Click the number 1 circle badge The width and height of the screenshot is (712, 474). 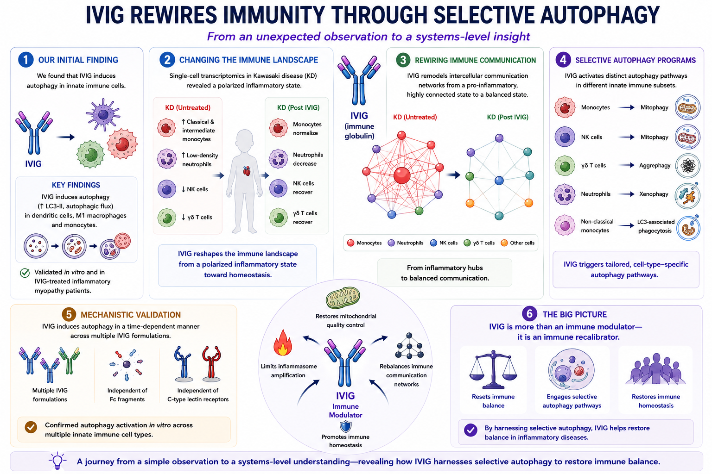26,60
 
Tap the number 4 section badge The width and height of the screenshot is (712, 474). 563,60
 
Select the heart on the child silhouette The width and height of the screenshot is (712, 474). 247,171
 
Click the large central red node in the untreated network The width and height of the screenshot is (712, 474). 402,175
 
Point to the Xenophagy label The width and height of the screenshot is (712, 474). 654,194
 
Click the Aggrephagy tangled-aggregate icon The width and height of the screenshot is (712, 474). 687,166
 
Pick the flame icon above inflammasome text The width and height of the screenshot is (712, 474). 283,343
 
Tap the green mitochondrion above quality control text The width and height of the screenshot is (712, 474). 343,298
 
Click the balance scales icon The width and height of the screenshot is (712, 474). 493,369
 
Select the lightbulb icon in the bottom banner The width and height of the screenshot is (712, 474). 57,461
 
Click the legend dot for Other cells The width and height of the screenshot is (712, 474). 504,243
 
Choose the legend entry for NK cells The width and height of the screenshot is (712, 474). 444,243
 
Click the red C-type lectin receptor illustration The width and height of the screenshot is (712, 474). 211,363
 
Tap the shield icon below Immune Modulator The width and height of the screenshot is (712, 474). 345,426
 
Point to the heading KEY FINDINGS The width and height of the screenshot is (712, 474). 76,185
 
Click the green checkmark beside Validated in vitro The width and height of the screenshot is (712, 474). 25,273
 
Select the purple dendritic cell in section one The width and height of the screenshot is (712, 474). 102,114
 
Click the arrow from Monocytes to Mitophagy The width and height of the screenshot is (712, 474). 626,108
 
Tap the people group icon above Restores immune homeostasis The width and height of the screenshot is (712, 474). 656,369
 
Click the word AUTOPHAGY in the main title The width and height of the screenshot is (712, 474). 592,15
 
